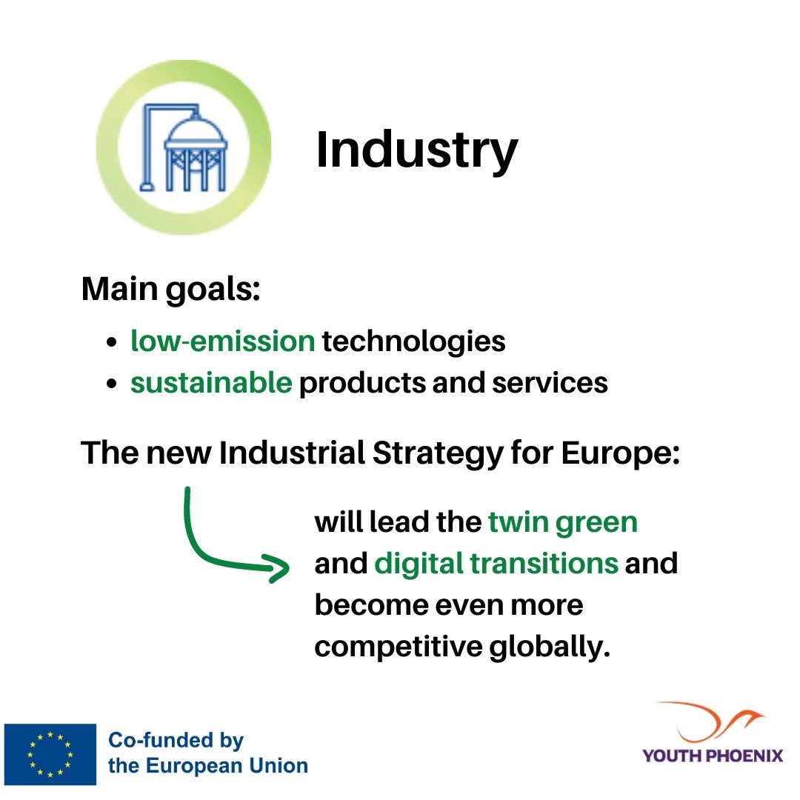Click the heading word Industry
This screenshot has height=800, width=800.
click(x=417, y=150)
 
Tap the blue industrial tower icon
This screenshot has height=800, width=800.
click(x=184, y=148)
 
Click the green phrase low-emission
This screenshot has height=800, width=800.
click(x=223, y=340)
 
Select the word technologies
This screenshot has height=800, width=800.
click(x=414, y=341)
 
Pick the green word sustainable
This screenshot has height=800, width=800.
click(x=211, y=383)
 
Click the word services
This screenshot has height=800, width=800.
click(x=550, y=383)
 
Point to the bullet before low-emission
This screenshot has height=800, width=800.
click(x=112, y=341)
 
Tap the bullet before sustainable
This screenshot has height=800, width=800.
click(x=112, y=384)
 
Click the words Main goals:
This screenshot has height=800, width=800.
click(x=171, y=290)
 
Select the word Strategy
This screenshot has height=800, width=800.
click(x=439, y=453)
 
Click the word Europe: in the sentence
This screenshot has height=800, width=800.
click(x=621, y=453)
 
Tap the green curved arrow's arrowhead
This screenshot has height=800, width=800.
click(x=278, y=567)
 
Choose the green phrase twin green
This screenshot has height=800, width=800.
click(x=563, y=523)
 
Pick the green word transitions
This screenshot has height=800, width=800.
click(x=544, y=563)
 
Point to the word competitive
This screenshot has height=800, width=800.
click(x=399, y=647)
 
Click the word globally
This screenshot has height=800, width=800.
click(x=550, y=647)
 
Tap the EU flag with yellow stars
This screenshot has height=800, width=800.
click(x=50, y=754)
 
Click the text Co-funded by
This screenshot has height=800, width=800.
click(x=176, y=741)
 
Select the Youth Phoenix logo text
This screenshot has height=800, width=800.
click(x=713, y=755)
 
